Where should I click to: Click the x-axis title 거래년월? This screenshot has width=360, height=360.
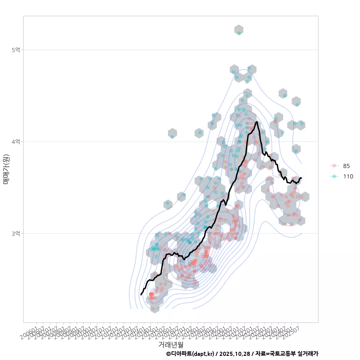[x=171, y=344]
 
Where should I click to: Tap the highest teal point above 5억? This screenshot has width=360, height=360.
[x=239, y=33]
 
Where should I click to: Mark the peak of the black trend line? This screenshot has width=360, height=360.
[x=256, y=122]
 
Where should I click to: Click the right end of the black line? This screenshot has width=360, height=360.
[x=301, y=178]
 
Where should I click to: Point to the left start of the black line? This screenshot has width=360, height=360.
[x=141, y=295]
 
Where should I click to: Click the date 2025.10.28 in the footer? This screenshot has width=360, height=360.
[x=234, y=354]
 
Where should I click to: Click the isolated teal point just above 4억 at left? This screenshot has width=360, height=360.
[x=172, y=137]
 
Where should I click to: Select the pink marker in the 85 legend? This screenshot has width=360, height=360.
[x=334, y=166]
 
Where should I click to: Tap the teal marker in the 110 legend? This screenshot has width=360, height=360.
[x=334, y=176]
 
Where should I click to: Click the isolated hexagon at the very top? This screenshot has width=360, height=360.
[x=239, y=30]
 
